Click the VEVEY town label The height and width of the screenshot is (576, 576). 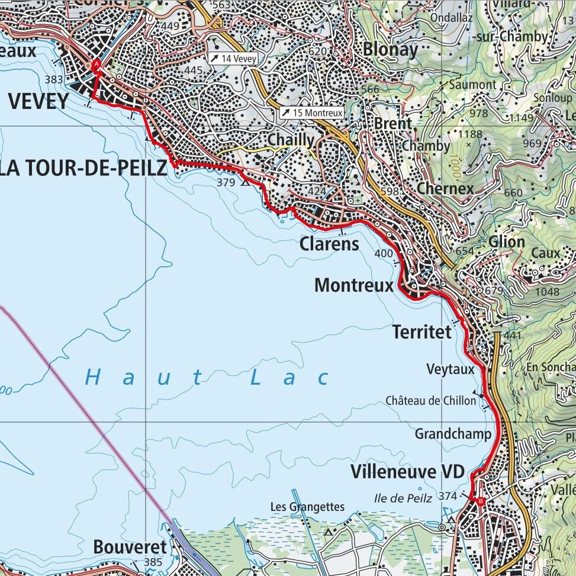[x=38, y=101]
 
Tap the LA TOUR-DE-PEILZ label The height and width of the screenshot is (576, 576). [x=83, y=169]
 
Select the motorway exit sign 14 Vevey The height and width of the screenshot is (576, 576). [x=232, y=59]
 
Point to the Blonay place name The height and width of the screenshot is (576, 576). [x=390, y=50]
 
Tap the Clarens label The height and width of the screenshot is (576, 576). [x=329, y=243]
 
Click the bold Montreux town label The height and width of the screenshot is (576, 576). [x=353, y=285]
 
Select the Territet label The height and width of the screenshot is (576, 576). [x=421, y=332]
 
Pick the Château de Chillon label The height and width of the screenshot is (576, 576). [x=430, y=401]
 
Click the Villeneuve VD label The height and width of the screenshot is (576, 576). [x=408, y=472]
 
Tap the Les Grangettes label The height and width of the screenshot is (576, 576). [x=307, y=507]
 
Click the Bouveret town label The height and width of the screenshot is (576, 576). [x=130, y=547]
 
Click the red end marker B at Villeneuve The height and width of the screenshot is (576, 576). [x=480, y=502]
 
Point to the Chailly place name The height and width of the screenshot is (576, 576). [x=291, y=140]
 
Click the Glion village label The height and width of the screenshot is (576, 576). [x=507, y=242]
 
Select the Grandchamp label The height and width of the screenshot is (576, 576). [x=453, y=434]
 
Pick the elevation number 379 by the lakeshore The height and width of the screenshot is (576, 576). [x=226, y=183]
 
